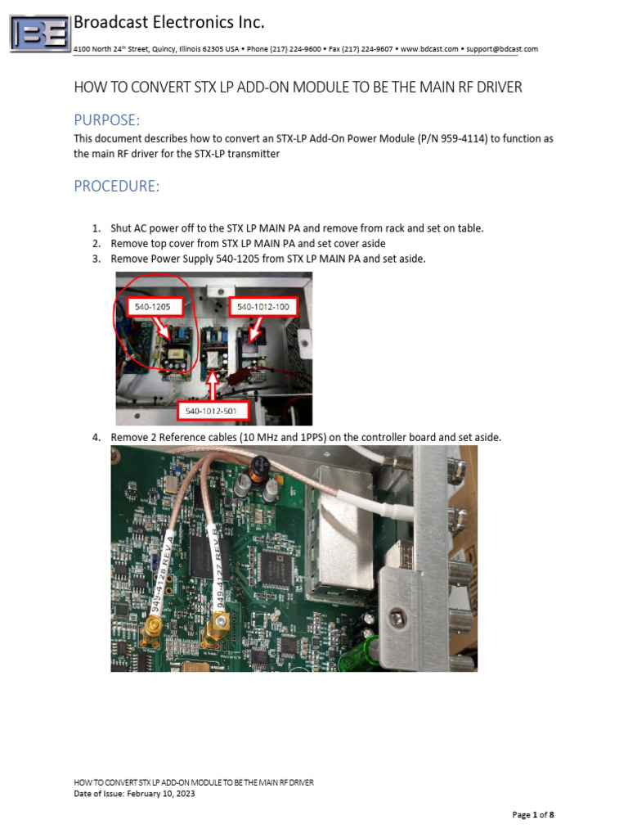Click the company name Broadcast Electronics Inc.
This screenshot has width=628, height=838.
[169, 22]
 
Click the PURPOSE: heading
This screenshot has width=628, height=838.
[107, 120]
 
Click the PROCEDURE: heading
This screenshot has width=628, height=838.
[117, 186]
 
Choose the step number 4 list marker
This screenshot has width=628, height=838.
[96, 438]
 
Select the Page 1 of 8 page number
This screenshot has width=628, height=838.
[533, 815]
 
